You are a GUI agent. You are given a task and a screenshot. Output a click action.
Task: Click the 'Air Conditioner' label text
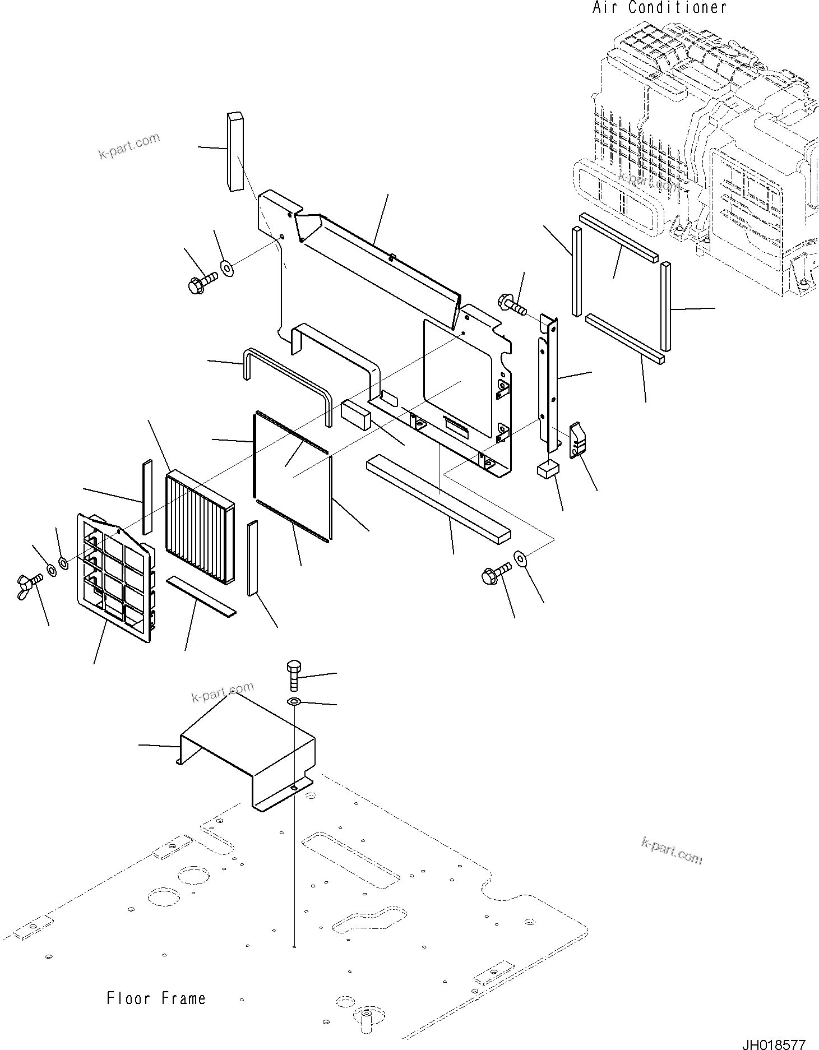tap(659, 8)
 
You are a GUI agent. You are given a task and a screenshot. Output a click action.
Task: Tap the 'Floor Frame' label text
tap(156, 998)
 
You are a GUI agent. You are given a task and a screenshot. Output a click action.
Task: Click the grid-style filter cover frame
tap(115, 576)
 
